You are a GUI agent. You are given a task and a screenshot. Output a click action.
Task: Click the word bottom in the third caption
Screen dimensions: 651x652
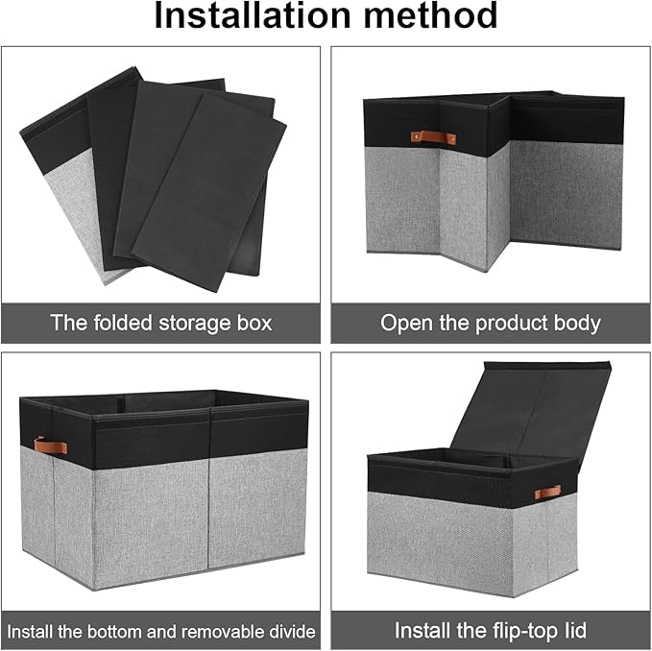[112, 632]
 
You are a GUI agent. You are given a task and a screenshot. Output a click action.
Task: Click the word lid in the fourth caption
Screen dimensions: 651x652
[572, 632]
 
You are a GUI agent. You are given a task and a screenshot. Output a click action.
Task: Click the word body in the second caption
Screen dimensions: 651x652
[577, 323]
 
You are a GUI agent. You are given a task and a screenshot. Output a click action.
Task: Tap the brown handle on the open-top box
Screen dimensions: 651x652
[44, 445]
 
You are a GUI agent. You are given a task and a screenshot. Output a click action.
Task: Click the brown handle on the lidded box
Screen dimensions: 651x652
[548, 493]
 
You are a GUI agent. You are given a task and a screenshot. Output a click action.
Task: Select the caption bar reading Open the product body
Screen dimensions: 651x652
[491, 323]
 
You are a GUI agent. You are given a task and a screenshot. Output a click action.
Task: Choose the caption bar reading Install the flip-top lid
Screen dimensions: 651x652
[491, 632]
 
